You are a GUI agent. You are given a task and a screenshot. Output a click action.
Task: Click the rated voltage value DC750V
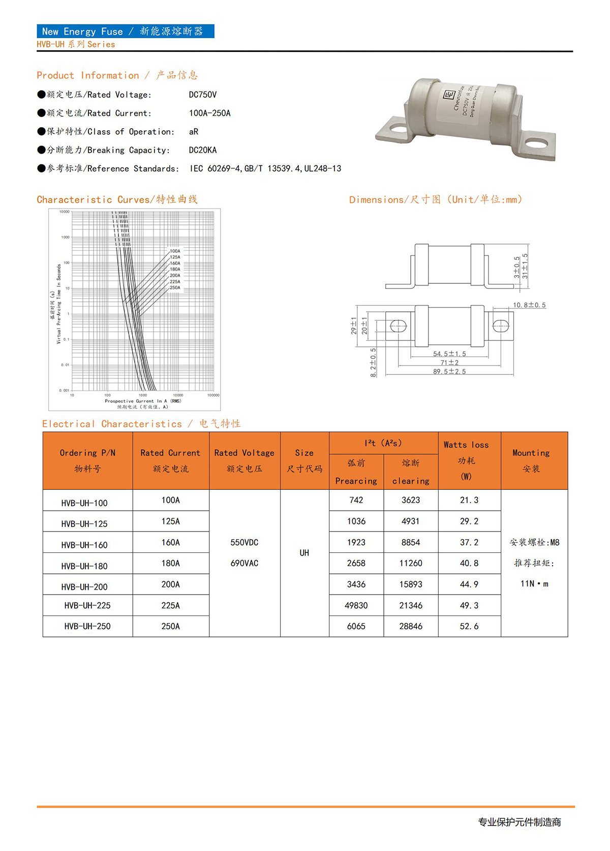click(x=202, y=95)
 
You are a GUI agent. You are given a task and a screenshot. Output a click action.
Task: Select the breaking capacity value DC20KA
click(x=202, y=150)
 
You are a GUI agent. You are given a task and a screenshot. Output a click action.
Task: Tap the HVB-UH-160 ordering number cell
click(x=84, y=545)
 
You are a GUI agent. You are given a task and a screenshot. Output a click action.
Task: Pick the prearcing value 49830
click(x=356, y=605)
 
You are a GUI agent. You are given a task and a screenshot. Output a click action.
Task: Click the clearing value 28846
click(x=410, y=626)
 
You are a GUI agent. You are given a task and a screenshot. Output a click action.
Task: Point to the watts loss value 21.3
click(x=469, y=500)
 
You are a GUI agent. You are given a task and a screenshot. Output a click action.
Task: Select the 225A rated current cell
click(x=170, y=605)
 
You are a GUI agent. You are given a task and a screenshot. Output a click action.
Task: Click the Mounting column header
click(x=531, y=460)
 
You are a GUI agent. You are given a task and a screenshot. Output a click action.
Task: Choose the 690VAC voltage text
click(x=244, y=563)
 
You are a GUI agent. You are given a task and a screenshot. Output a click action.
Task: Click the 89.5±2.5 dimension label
click(x=449, y=371)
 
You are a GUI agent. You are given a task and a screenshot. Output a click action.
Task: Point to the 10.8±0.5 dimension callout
click(x=529, y=305)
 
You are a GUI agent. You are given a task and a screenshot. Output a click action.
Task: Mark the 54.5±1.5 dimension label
click(x=449, y=354)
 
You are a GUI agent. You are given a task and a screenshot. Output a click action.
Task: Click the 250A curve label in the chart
click(x=175, y=287)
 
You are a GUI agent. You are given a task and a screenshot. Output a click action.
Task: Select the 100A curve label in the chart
click(x=175, y=251)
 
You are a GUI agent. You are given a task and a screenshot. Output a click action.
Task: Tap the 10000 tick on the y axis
click(x=65, y=212)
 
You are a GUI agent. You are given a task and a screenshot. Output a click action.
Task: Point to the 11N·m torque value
click(x=534, y=583)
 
